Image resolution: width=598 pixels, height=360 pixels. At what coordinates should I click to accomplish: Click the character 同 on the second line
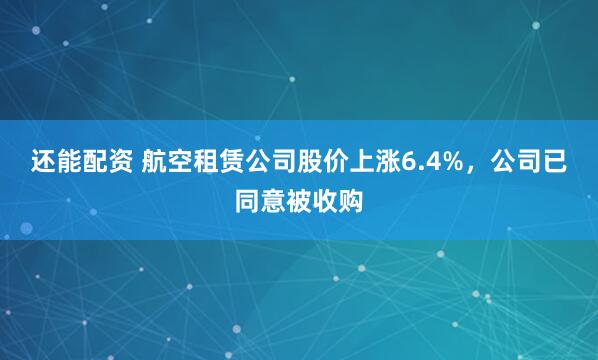tap(247, 199)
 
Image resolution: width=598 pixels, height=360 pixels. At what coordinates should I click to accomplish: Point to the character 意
tap(273, 199)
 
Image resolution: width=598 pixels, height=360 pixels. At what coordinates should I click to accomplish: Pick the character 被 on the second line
tap(299, 199)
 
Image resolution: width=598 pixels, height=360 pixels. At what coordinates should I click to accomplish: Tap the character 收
tap(325, 199)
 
